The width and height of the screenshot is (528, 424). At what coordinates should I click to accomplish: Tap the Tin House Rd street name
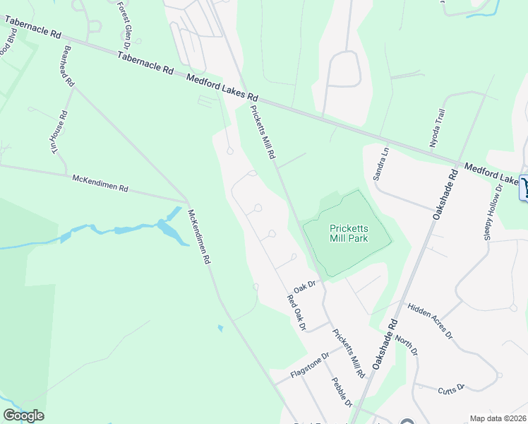(64, 129)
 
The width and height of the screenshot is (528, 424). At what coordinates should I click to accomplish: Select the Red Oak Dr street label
(296, 313)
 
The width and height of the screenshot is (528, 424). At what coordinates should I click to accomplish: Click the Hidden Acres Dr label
(429, 321)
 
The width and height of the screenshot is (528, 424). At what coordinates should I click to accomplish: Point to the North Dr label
(407, 345)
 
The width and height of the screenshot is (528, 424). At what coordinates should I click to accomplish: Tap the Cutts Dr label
(451, 388)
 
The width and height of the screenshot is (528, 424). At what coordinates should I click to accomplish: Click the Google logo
(23, 416)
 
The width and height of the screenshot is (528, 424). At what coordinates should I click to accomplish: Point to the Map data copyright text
(498, 418)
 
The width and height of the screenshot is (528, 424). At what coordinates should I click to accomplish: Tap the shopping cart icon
(524, 187)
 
